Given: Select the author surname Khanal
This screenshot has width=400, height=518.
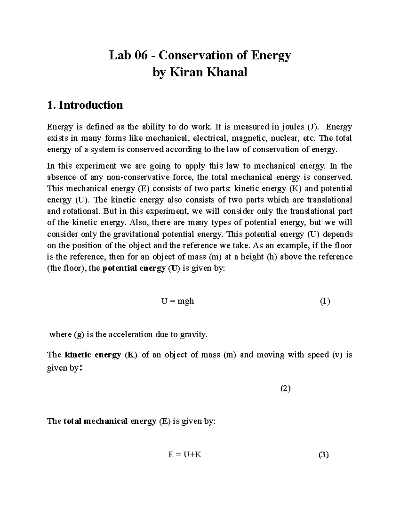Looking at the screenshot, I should pyautogui.click(x=227, y=72).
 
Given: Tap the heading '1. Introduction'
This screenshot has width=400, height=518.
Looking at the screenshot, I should pyautogui.click(x=85, y=105).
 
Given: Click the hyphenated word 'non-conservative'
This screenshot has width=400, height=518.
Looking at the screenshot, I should pyautogui.click(x=148, y=177).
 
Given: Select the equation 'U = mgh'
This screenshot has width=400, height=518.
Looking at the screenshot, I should pyautogui.click(x=177, y=301).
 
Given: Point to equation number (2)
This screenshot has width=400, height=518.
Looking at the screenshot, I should pyautogui.click(x=285, y=388).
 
